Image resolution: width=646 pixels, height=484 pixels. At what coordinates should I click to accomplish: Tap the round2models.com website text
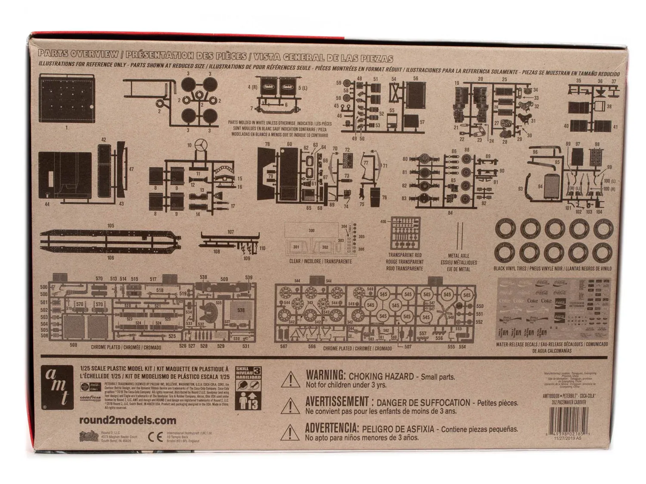pyautogui.click(x=128, y=420)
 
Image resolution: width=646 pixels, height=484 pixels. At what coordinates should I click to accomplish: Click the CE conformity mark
pyautogui.click(x=155, y=436)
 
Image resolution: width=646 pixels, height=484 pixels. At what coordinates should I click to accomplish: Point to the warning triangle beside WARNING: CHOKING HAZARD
pyautogui.click(x=291, y=379)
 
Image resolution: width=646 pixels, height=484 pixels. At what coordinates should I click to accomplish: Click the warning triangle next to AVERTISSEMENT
pyautogui.click(x=291, y=406)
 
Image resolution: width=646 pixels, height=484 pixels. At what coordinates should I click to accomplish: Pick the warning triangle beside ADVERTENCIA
pyautogui.click(x=291, y=432)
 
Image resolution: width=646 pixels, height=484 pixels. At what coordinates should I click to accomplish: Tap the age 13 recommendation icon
pyautogui.click(x=248, y=400)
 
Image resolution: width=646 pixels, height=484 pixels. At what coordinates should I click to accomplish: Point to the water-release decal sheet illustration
pyautogui.click(x=554, y=309)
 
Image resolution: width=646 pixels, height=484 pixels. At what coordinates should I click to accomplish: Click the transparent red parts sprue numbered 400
pyautogui.click(x=405, y=233)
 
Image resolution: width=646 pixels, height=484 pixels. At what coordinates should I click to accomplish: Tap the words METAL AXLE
pyautogui.click(x=459, y=256)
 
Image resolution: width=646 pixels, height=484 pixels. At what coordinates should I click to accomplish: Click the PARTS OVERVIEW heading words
pyautogui.click(x=78, y=54)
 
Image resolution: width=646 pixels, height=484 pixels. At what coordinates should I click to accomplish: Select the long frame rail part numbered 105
pyautogui.click(x=110, y=240)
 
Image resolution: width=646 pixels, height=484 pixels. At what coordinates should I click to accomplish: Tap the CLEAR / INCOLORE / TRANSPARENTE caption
pyautogui.click(x=320, y=261)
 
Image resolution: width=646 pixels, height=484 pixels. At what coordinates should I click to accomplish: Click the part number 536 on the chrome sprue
pyautogui.click(x=241, y=310)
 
